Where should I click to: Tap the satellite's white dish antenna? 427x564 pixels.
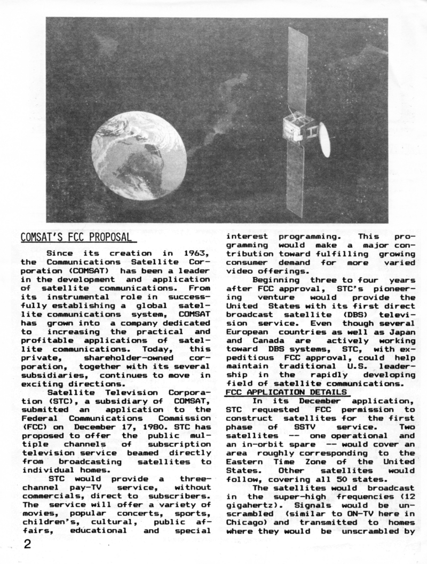(x=324, y=139)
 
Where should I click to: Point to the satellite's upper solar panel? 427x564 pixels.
(x=297, y=69)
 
